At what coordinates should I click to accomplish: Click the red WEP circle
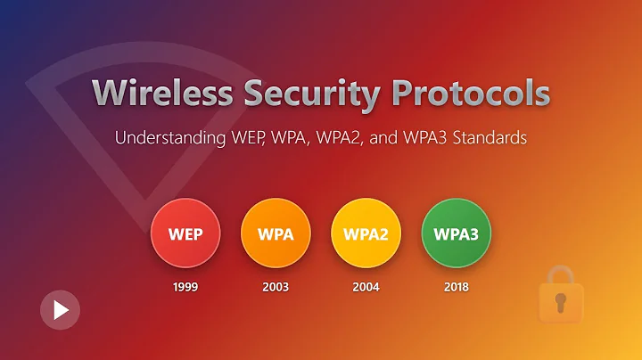(185, 235)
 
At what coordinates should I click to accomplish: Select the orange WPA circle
(276, 235)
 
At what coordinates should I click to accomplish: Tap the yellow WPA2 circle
(366, 235)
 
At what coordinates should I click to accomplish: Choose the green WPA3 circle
(456, 235)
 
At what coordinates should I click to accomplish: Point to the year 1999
(185, 287)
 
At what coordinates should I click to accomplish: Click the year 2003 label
(276, 287)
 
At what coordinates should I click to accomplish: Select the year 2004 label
(366, 287)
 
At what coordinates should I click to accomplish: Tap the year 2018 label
(456, 287)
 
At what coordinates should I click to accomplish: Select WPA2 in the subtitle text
(343, 139)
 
